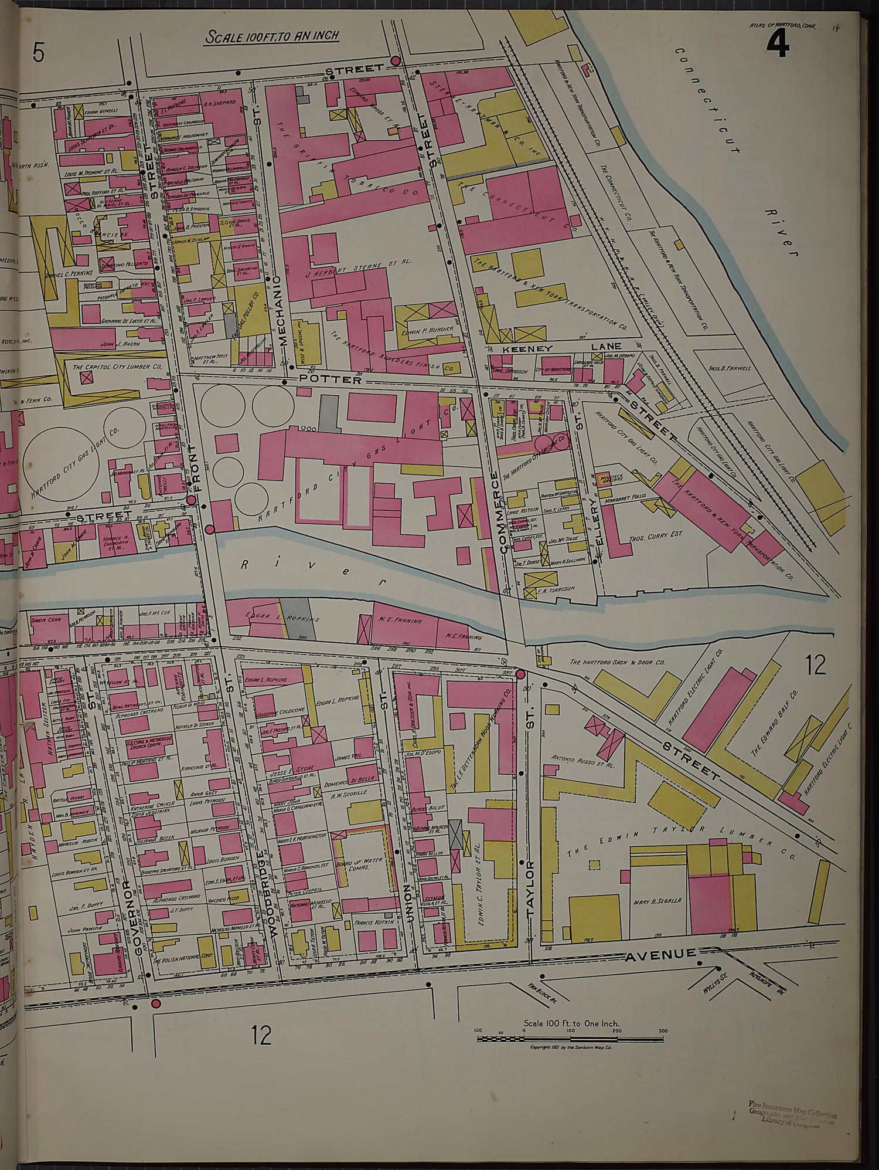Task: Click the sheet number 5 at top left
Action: pos(38,53)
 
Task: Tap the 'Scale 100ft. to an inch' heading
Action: pos(272,36)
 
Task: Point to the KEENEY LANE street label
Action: pos(563,348)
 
